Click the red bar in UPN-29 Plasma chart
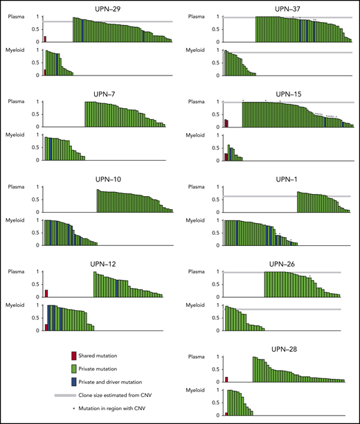click(46, 39)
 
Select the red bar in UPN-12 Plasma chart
click(46, 294)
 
